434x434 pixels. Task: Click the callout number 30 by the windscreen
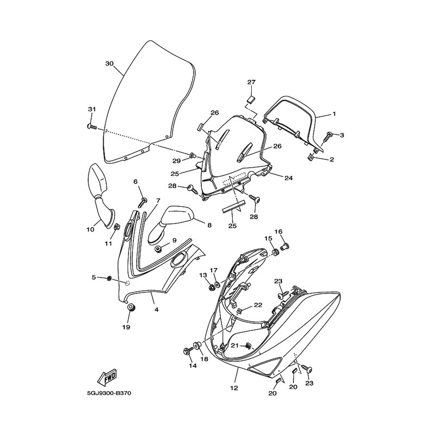109,63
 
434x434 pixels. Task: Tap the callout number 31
92,110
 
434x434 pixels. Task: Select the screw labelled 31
92,126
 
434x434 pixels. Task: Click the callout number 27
251,82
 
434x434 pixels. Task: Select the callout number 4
156,310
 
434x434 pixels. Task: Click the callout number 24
289,177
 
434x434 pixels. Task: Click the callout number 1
335,114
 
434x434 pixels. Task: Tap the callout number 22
258,305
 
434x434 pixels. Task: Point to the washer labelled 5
110,278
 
